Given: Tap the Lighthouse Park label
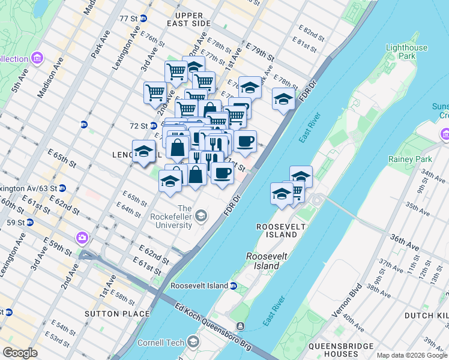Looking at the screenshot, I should [407, 52].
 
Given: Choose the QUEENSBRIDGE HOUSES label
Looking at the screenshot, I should [341, 350].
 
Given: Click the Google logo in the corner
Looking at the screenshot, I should [20, 353].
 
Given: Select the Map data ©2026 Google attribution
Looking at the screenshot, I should [412, 355].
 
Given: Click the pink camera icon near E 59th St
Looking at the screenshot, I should [81, 237].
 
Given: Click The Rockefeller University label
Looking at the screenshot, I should [184, 217].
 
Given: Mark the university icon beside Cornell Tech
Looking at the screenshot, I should [193, 342].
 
